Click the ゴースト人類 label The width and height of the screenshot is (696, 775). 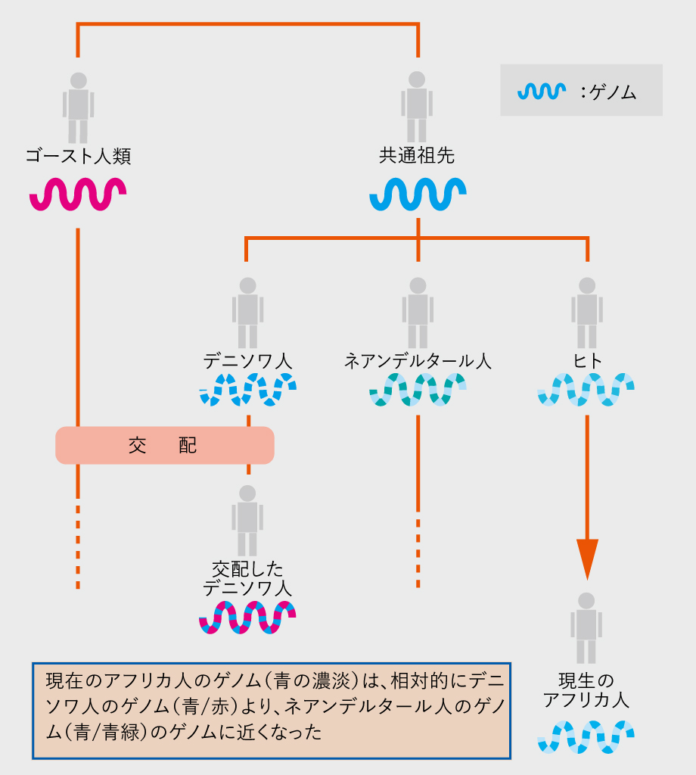(78, 157)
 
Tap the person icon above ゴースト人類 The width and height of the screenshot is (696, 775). (78, 107)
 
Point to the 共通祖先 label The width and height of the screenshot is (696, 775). (417, 157)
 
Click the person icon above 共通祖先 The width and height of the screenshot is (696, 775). (417, 107)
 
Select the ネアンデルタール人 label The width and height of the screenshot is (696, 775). (418, 361)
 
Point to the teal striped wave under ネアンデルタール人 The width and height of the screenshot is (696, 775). (418, 391)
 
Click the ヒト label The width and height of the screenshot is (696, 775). (587, 361)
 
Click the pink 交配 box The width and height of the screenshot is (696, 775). (164, 445)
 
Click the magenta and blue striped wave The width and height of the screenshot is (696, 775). (247, 616)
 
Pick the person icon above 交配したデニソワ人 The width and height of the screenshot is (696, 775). (247, 519)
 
